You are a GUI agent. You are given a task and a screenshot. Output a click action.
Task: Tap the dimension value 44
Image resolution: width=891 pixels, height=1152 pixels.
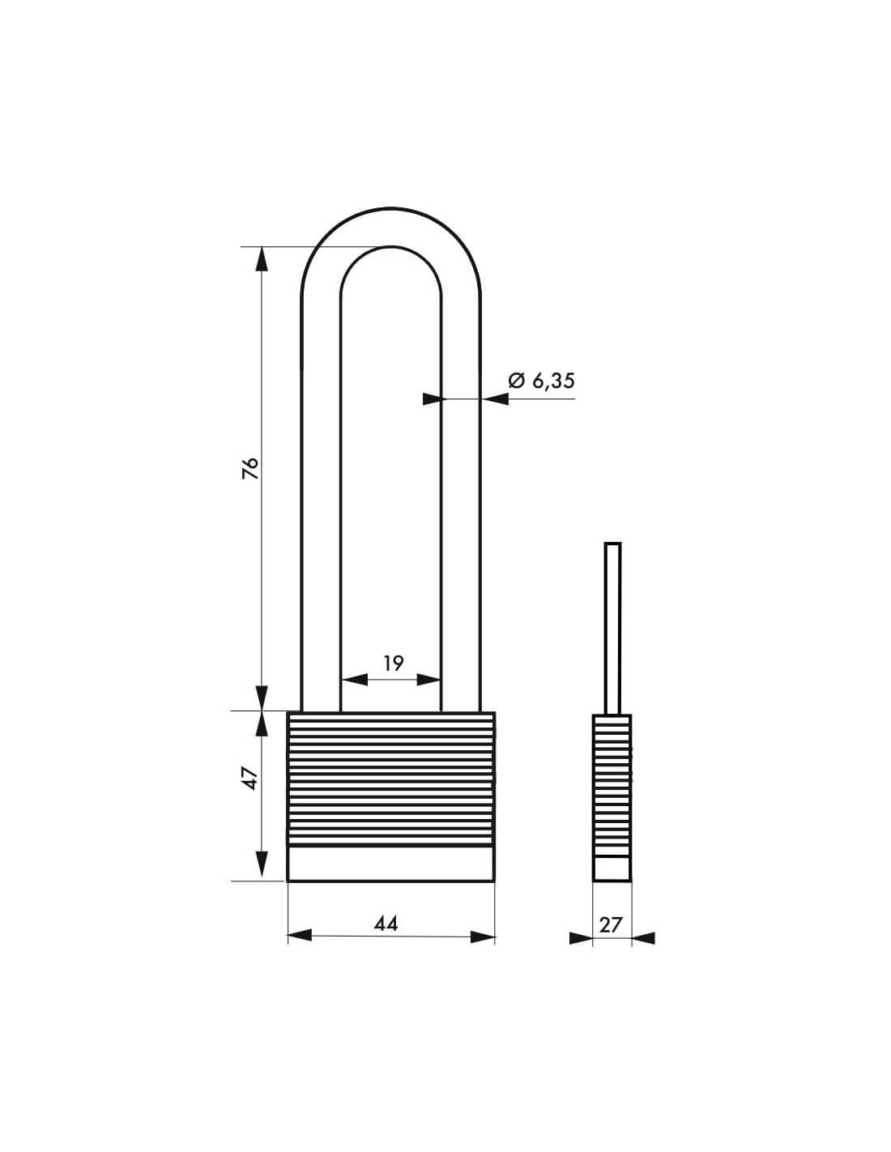[386, 923]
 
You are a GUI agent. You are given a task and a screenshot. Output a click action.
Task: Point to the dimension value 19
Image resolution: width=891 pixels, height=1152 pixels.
[393, 663]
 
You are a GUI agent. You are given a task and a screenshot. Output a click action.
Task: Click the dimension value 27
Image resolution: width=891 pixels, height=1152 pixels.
[611, 924]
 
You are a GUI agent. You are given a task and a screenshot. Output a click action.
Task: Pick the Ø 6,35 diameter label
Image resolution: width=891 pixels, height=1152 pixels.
[541, 380]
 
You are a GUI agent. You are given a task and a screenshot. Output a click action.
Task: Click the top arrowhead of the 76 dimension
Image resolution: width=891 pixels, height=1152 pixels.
[262, 258]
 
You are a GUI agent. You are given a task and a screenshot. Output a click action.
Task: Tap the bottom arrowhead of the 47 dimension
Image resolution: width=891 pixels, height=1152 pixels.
[262, 864]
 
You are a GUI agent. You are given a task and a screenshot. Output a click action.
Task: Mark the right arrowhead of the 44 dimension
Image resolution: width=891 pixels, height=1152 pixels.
[483, 937]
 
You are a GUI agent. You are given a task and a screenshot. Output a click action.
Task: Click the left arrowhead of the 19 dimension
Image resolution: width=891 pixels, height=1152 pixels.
[353, 680]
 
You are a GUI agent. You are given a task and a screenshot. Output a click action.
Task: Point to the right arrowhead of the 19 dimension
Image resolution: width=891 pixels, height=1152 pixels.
[428, 680]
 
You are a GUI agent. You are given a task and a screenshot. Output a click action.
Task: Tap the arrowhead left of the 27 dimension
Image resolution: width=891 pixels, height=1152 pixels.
[581, 938]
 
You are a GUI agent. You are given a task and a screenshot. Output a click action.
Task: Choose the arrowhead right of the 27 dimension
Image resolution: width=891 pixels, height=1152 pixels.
[643, 938]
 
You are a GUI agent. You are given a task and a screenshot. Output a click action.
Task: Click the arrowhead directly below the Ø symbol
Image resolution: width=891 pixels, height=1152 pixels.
[496, 399]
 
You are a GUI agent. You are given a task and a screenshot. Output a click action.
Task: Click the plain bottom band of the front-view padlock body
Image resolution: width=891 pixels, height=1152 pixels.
[390, 864]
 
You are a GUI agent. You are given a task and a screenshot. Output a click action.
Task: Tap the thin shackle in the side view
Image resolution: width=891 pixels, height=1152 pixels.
[613, 624]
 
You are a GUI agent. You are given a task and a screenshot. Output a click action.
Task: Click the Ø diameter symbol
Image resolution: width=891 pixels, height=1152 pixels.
[516, 380]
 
